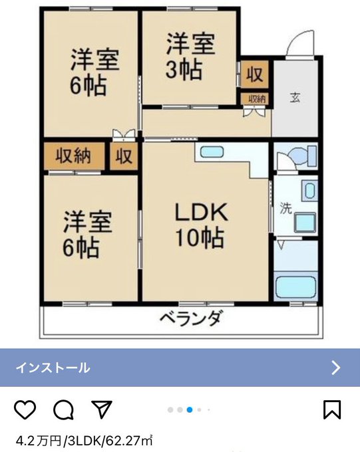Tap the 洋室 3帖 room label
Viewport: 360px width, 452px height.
(190, 56)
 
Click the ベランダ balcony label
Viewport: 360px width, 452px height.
(192, 318)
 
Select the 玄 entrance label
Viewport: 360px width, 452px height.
(295, 98)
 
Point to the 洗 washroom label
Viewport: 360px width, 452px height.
(286, 208)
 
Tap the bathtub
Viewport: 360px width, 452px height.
(295, 287)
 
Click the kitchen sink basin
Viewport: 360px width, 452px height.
(212, 152)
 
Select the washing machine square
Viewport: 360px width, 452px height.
(305, 223)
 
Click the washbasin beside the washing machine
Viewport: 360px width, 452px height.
(309, 191)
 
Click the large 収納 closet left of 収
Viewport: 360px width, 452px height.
(73, 156)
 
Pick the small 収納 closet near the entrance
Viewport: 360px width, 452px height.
(256, 98)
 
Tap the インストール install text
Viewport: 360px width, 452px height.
(53, 368)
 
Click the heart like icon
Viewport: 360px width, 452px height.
(25, 409)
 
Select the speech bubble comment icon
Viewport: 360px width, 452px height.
(63, 409)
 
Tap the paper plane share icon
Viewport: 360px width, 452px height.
(102, 409)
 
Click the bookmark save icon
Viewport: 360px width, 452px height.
(332, 409)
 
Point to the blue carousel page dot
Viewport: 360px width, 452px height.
(190, 409)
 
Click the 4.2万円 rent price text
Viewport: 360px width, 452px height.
(39, 441)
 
